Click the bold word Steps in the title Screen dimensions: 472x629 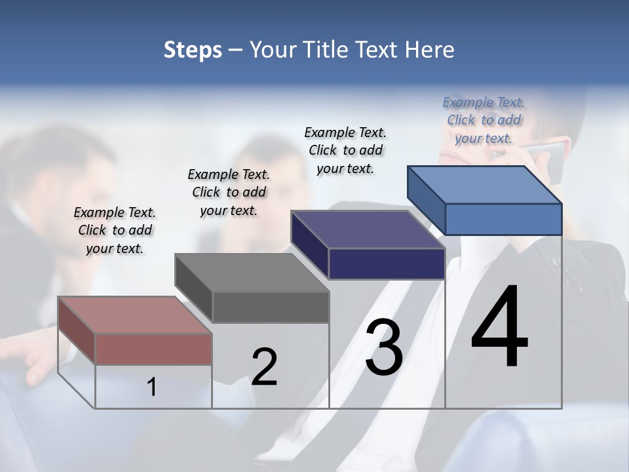pyautogui.click(x=193, y=50)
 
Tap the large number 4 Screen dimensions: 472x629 pyautogui.click(x=499, y=328)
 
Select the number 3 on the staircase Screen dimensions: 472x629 pyautogui.click(x=384, y=347)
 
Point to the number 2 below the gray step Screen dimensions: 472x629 pyautogui.click(x=264, y=367)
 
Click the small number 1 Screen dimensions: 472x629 pyautogui.click(x=151, y=387)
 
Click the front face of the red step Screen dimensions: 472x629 pyautogui.click(x=153, y=349)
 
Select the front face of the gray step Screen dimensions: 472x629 pyautogui.click(x=270, y=307)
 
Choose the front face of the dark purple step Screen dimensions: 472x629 pyautogui.click(x=387, y=264)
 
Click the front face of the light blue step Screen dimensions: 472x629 pyautogui.click(x=503, y=219)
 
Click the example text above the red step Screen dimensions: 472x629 pyautogui.click(x=115, y=230)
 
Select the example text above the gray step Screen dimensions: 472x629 pyautogui.click(x=229, y=192)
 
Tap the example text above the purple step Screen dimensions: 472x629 pyautogui.click(x=345, y=150)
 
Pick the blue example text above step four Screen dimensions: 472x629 pyautogui.click(x=484, y=120)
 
